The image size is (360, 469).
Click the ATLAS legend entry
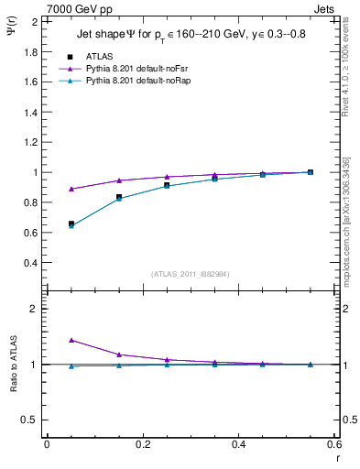coord(98,56)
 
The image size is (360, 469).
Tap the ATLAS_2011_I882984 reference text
coord(190,274)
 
